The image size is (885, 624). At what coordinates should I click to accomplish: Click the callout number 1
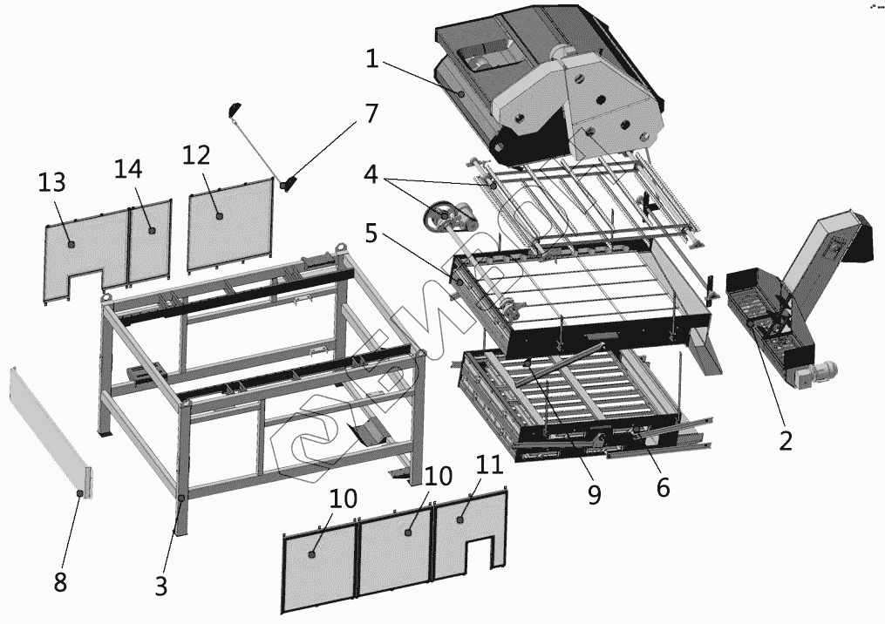tap(371, 59)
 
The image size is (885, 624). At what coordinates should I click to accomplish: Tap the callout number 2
tap(785, 441)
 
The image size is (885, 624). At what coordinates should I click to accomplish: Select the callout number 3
tap(160, 587)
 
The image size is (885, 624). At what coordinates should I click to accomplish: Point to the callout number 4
tap(371, 175)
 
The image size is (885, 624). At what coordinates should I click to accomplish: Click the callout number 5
tap(371, 234)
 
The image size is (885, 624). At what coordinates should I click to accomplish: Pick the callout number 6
tap(663, 488)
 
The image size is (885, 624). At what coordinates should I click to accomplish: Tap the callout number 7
tap(371, 113)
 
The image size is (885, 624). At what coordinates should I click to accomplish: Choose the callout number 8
tap(60, 582)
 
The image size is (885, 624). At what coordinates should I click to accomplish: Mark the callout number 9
tap(594, 494)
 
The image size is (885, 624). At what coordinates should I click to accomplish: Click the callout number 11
tap(489, 465)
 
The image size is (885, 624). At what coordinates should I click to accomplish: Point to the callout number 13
tap(52, 183)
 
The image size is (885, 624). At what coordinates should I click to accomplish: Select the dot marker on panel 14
tap(151, 230)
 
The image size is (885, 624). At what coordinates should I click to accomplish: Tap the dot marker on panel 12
tap(219, 214)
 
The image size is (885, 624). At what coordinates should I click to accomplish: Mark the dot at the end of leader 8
tap(79, 493)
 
